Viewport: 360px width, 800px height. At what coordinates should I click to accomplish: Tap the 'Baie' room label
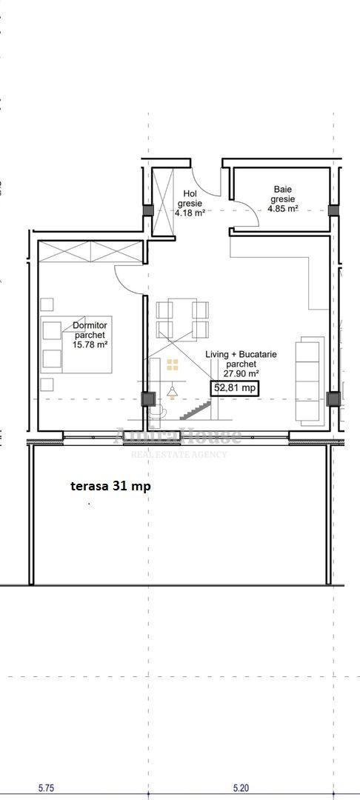tap(283, 190)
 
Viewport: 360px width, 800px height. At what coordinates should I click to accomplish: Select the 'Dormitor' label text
tap(90, 325)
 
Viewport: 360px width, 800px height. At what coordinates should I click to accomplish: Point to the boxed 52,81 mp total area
tap(236, 387)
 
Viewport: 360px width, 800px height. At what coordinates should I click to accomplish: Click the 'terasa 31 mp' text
tap(110, 486)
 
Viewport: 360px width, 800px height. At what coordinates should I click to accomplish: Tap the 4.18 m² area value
tap(190, 213)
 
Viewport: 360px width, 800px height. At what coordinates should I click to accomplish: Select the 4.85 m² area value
tap(283, 209)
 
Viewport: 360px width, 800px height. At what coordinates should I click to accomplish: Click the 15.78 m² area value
tap(90, 344)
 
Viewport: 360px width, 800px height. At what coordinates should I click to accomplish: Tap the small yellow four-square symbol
tap(173, 364)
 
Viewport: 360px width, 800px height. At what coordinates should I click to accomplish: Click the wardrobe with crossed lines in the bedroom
tap(89, 252)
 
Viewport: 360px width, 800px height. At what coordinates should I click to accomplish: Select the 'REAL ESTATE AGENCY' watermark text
tap(179, 454)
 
